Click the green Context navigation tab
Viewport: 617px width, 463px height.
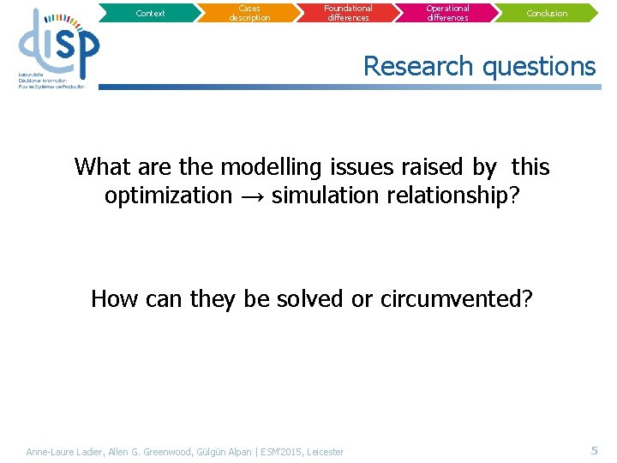(x=150, y=13)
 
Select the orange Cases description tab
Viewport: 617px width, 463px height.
(x=249, y=13)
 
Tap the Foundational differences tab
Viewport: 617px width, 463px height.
(x=349, y=13)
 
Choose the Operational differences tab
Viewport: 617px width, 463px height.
(x=448, y=13)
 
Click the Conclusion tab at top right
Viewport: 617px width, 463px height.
(x=548, y=13)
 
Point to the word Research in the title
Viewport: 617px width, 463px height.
(x=418, y=66)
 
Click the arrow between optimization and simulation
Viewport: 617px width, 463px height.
(x=251, y=196)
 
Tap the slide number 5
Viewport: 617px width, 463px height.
(x=594, y=450)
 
